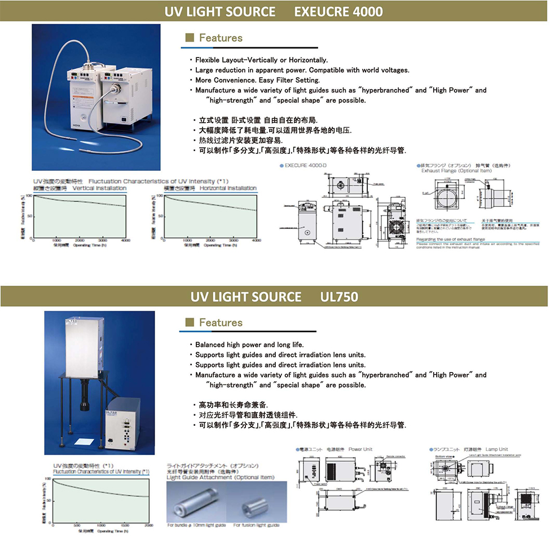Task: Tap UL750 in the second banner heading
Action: [x=339, y=296]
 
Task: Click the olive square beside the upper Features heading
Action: [x=190, y=38]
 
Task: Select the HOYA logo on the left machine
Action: [x=77, y=120]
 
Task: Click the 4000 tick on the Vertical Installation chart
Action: [x=125, y=241]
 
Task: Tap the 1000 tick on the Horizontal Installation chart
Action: [x=187, y=241]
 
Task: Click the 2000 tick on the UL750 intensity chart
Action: [x=148, y=527]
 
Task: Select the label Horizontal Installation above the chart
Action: [x=228, y=188]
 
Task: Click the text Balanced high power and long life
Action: [x=249, y=344]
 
